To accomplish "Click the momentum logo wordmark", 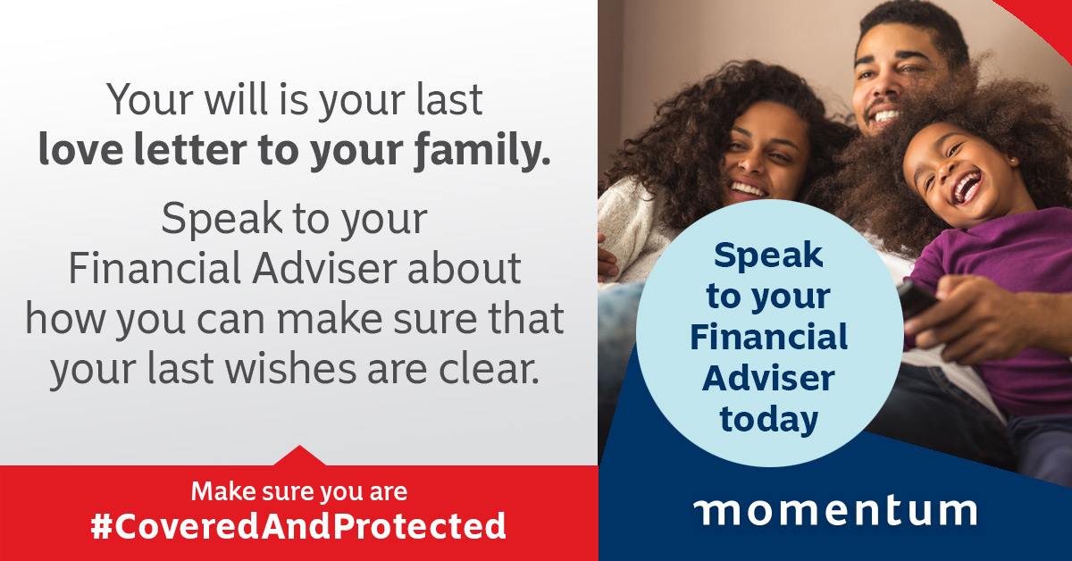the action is (835, 512).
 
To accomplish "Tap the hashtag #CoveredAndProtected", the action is (298, 526).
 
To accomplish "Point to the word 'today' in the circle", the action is (768, 420).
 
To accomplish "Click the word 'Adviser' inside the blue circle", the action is (768, 378).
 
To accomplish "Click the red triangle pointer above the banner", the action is (299, 456).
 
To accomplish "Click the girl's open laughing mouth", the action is (966, 187).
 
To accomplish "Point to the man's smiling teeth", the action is (885, 116).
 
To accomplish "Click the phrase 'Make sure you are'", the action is (299, 492).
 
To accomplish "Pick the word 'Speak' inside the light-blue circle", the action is (768, 255).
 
